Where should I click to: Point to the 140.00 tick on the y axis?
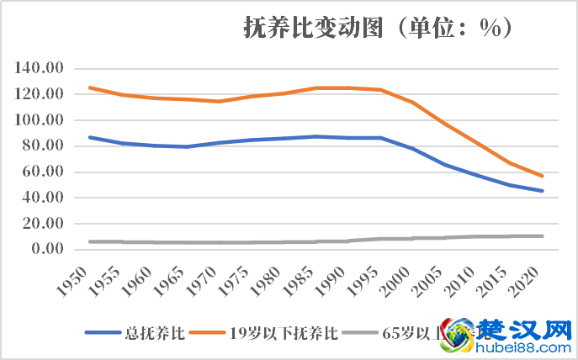coord(41,68)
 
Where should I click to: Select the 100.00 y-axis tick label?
coord(41,120)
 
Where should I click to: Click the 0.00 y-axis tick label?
coord(48,249)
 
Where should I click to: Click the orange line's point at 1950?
coord(90,87)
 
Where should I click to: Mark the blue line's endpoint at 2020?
coord(543,191)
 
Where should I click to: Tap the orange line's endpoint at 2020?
coord(543,176)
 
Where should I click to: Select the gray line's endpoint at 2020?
coord(543,236)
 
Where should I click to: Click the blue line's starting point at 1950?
coord(90,137)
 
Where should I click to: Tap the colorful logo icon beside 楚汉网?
coord(459,334)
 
